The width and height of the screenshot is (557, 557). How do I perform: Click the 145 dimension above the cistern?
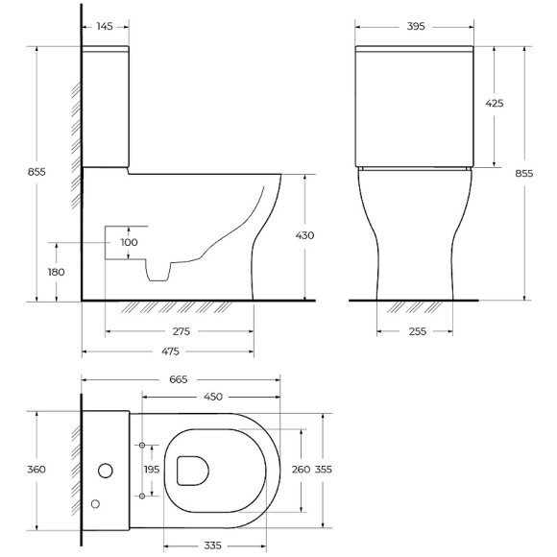pos(106,27)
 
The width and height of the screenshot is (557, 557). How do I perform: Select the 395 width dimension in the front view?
pos(416,27)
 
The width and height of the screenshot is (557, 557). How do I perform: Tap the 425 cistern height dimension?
pos(496,103)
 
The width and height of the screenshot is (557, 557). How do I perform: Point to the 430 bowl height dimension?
pos(305,234)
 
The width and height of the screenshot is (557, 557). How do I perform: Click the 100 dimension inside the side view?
pos(129,242)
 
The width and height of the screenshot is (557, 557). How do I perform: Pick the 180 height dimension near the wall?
pos(57,272)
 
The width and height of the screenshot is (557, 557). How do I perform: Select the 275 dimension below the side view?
pos(179,331)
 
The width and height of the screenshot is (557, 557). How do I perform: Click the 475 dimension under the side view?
pos(167,351)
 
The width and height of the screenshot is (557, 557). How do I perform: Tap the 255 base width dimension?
pos(415,331)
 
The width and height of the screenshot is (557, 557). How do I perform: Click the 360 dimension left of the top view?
pos(36,470)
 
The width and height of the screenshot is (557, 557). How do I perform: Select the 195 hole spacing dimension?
pos(152,469)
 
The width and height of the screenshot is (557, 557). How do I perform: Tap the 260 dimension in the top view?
pos(301,469)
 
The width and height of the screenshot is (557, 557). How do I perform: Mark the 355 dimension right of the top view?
pos(324,469)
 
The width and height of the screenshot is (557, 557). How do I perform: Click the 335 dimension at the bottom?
pos(213,546)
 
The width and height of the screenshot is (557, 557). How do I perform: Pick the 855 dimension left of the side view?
pos(36,172)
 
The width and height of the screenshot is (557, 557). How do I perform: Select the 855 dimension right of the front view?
pos(524,173)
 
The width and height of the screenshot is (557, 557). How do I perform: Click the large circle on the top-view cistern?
pos(107,471)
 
